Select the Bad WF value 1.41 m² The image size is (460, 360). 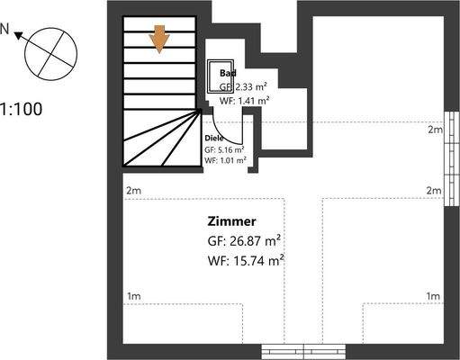coord(245,100)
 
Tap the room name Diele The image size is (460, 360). coord(214,138)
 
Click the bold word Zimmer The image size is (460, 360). coord(232,220)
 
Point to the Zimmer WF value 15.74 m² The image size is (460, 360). coord(246,260)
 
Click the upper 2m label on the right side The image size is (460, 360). coord(434,130)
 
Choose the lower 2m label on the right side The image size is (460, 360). coord(434,190)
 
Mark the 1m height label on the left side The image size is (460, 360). coord(133,296)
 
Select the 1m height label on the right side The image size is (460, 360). coord(433,296)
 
